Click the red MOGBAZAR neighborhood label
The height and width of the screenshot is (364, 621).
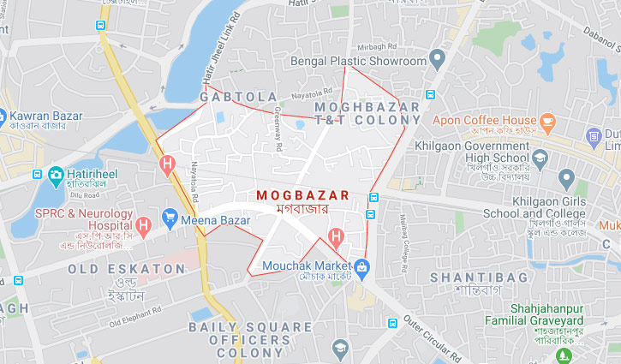tap(303, 195)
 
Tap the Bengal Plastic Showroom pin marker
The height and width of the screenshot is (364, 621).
tap(438, 61)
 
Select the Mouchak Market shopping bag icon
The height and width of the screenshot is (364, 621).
tap(361, 267)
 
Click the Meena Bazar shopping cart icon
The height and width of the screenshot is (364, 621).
tap(170, 219)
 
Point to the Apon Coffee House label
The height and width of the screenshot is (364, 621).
tap(484, 121)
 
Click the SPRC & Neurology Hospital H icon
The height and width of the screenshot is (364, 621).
tap(144, 226)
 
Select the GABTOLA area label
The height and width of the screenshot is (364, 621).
tap(239, 98)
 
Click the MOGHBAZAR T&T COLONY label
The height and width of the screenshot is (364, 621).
tap(368, 113)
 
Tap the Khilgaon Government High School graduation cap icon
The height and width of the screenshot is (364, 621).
tap(540, 158)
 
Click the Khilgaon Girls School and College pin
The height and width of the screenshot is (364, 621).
tap(565, 179)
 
